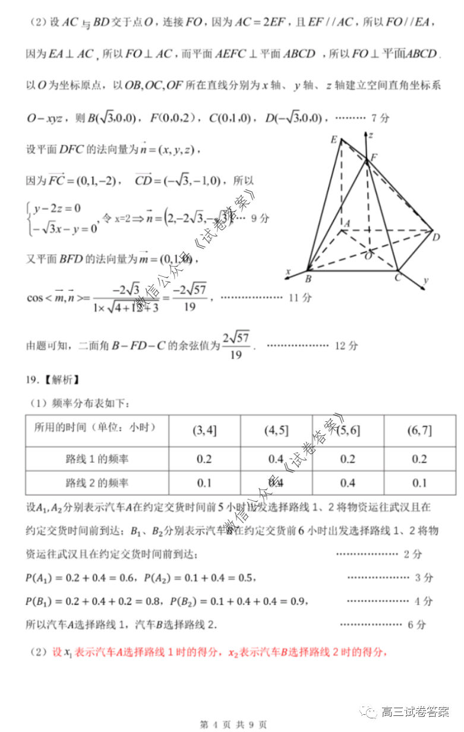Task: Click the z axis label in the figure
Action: [371, 135]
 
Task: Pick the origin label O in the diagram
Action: [368, 255]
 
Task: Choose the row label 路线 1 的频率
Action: [97, 459]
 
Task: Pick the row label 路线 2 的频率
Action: [97, 483]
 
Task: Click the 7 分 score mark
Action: [379, 118]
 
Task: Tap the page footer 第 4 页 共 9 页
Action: [233, 724]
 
